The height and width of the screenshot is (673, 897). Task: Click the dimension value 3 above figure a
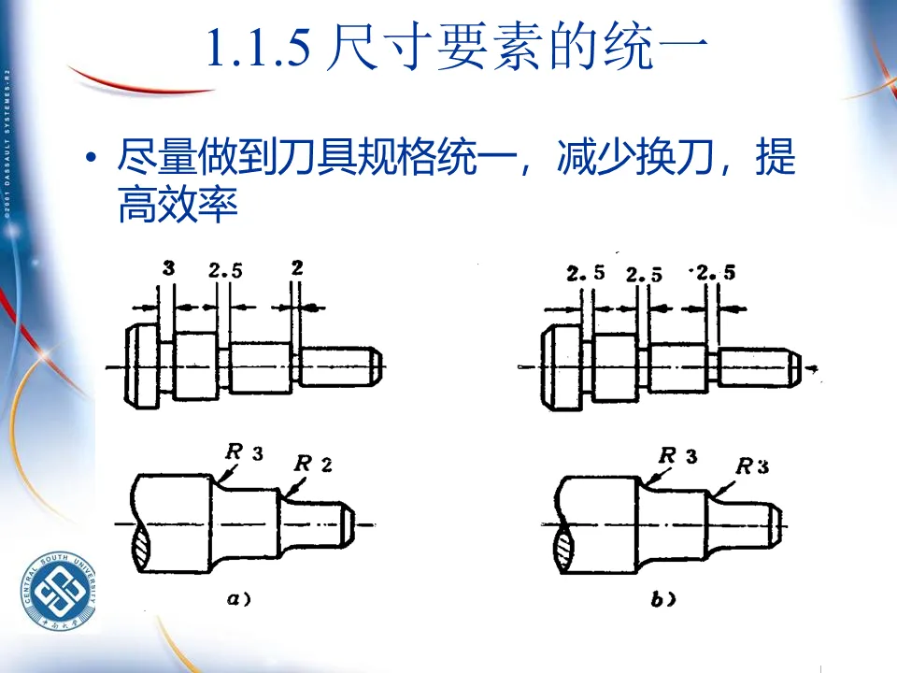coord(168,268)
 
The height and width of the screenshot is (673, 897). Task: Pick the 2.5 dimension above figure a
coord(225,271)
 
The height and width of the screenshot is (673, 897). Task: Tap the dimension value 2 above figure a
coord(297,267)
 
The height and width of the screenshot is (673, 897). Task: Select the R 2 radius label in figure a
coord(313,463)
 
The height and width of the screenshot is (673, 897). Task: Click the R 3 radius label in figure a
coord(244,452)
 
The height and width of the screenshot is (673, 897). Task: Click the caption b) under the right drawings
coord(664,601)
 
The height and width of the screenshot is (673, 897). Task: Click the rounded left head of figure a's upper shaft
coord(140,365)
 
